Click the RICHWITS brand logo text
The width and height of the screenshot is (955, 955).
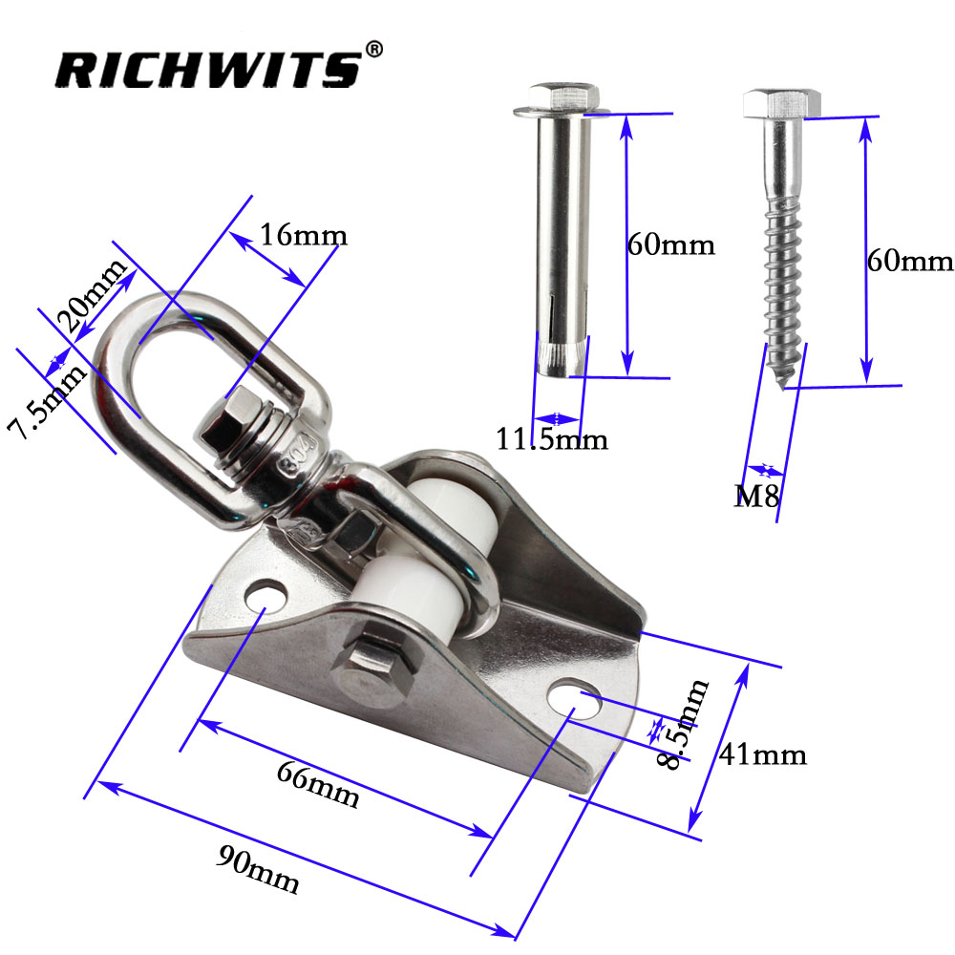point(205,69)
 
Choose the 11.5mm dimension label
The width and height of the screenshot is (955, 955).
point(551,440)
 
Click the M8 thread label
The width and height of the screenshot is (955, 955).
point(753,496)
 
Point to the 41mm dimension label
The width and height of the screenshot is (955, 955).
point(764,755)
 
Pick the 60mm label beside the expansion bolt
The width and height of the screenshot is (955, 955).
point(670,244)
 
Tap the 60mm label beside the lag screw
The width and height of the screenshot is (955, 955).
point(909,260)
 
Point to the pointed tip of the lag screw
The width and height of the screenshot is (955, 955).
point(787,385)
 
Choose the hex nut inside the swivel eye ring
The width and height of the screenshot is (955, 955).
point(225,426)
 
